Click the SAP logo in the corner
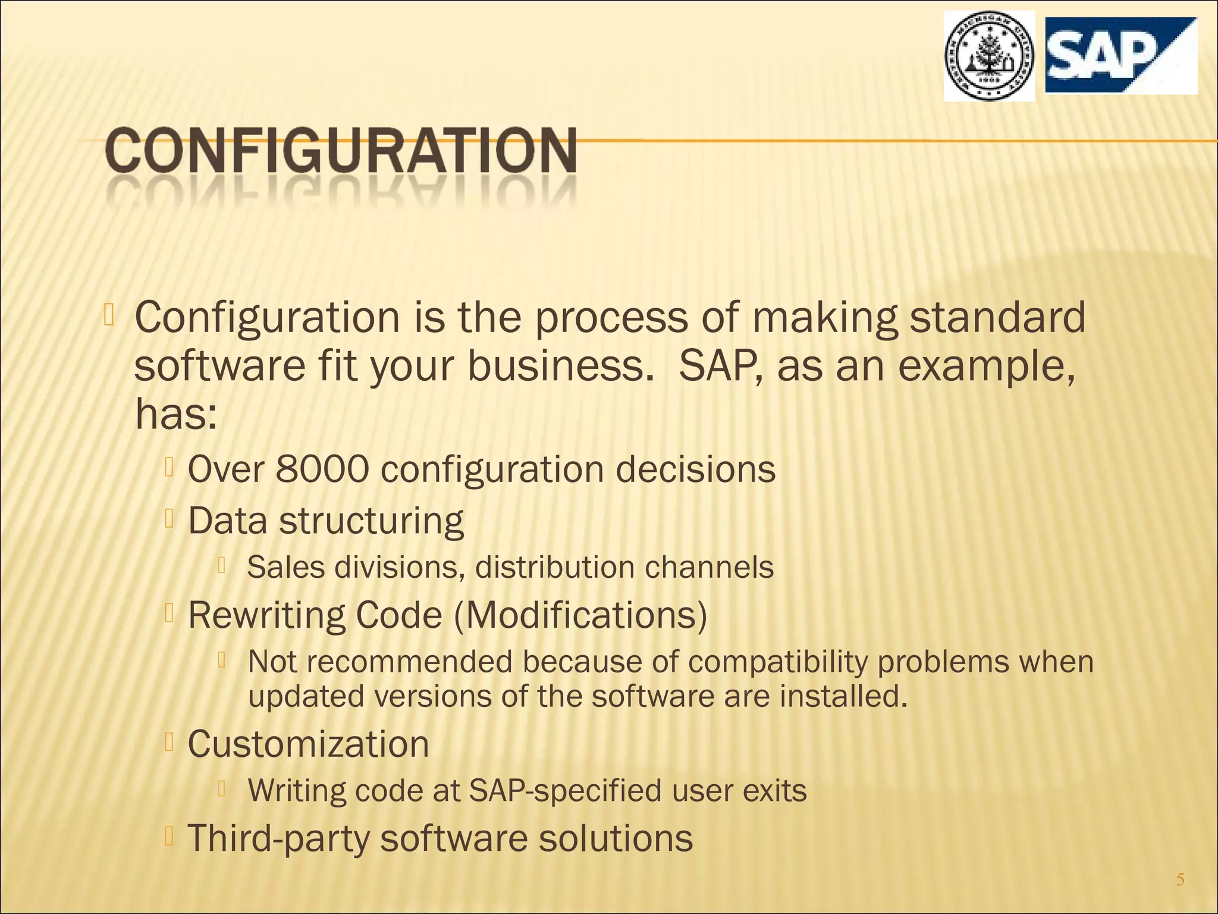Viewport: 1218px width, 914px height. click(1120, 55)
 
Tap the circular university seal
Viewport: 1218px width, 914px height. click(988, 57)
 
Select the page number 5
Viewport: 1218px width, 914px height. click(1181, 879)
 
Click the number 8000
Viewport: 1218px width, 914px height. click(322, 469)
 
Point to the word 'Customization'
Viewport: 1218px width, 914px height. click(308, 744)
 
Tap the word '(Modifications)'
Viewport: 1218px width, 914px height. click(580, 615)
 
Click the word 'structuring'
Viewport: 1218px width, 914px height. click(371, 521)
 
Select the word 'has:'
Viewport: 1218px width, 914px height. click(175, 415)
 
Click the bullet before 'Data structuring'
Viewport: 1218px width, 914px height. click(169, 519)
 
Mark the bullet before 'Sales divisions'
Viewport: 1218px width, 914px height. click(221, 565)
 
